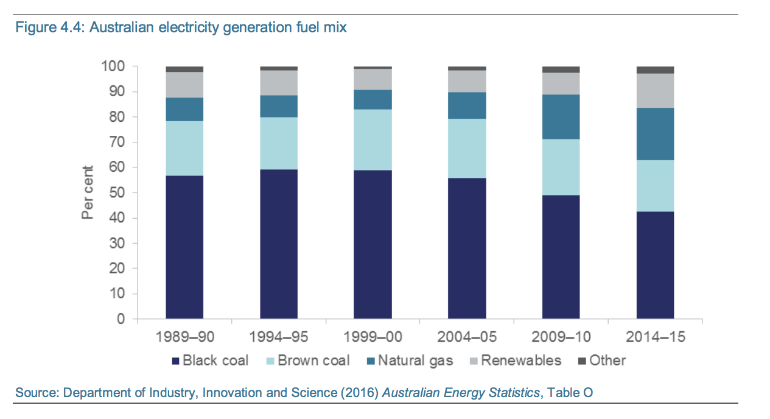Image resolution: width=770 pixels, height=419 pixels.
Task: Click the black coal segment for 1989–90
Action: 184,247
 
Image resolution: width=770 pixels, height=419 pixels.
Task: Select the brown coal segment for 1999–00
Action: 373,139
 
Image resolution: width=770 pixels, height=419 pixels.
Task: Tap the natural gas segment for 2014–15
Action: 655,134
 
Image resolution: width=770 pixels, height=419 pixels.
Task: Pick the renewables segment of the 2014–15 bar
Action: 655,91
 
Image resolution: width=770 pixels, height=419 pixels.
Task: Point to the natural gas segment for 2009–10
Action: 561,117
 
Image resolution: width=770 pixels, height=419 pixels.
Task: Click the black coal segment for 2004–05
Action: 467,248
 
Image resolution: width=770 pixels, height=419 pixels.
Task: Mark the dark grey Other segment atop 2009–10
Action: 561,69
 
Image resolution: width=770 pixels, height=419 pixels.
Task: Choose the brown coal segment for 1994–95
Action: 279,143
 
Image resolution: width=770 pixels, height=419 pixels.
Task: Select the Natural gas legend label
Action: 415,361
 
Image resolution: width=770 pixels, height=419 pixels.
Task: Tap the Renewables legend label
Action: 521,361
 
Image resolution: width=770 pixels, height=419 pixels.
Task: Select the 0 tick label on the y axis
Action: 121,319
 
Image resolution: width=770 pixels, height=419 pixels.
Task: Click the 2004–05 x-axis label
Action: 467,337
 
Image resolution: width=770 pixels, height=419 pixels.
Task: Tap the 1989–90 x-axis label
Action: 184,337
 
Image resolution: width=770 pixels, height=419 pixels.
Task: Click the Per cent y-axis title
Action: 88,192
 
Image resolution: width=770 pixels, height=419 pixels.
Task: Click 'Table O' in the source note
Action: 570,393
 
